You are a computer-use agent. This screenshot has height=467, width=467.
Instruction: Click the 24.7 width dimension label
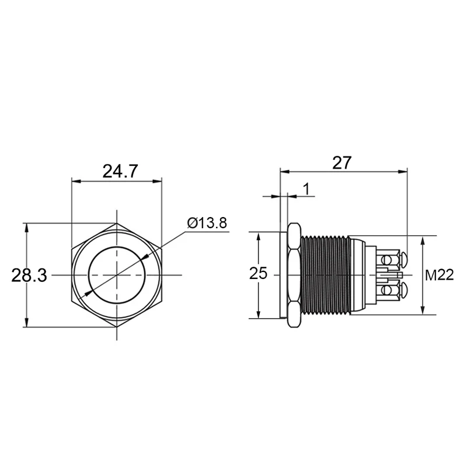(x=120, y=171)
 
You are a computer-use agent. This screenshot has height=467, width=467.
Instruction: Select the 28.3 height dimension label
(x=29, y=275)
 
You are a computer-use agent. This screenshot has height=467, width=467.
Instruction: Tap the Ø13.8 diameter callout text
(x=207, y=223)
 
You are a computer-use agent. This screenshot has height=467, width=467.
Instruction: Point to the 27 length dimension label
(x=342, y=163)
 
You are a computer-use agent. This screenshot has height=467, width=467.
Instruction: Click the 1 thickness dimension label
(x=306, y=189)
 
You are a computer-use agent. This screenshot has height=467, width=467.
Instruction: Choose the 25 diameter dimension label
(x=258, y=273)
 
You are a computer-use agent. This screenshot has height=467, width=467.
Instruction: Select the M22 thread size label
(x=440, y=275)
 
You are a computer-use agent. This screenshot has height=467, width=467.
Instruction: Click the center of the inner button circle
(x=117, y=275)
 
